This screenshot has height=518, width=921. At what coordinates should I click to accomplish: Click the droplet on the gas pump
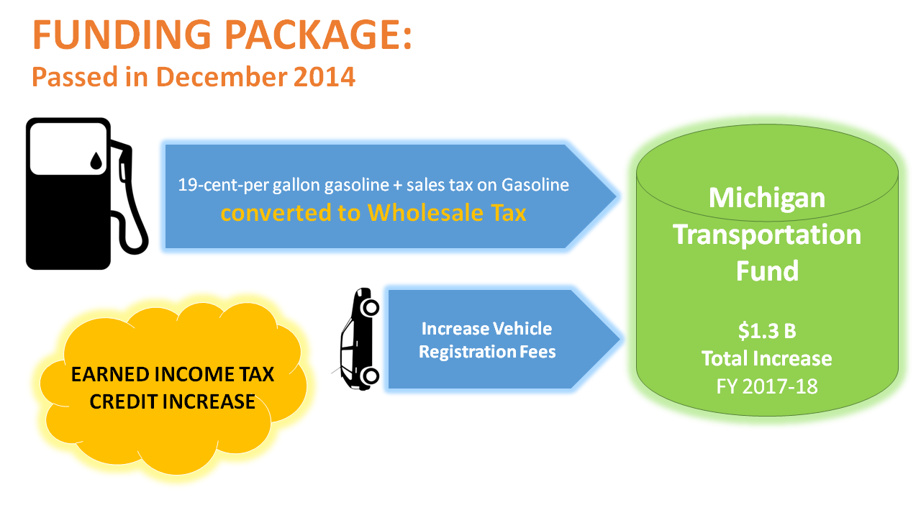(96, 160)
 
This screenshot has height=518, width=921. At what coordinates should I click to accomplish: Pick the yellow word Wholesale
(425, 212)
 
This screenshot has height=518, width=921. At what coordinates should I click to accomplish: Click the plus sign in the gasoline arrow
(397, 186)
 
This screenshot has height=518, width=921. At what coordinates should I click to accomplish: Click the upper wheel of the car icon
(370, 307)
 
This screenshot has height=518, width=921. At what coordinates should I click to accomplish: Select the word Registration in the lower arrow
(467, 353)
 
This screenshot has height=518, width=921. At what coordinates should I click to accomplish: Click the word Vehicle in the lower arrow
(522, 329)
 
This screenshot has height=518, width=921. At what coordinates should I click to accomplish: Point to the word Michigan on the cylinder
(767, 198)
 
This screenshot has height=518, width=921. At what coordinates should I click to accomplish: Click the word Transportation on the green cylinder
(767, 235)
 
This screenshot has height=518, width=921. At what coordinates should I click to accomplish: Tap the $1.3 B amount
(767, 330)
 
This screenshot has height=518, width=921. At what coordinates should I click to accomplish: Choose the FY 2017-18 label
(767, 386)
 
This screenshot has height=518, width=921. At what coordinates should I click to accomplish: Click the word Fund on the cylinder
(767, 271)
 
